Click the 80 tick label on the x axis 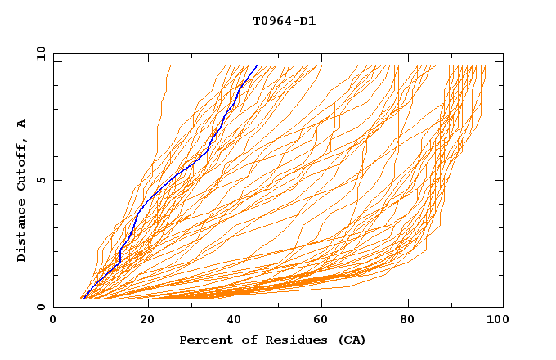click(412, 320)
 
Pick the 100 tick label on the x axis click(498, 320)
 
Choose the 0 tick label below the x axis click(54, 320)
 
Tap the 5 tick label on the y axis click(41, 180)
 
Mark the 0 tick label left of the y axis click(41, 307)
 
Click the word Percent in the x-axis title click(203, 340)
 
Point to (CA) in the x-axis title click(349, 340)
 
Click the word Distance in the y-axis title click(22, 232)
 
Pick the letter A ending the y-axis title click(22, 124)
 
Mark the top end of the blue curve click(256, 66)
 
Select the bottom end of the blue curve click(83, 298)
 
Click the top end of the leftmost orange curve click(169, 66)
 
